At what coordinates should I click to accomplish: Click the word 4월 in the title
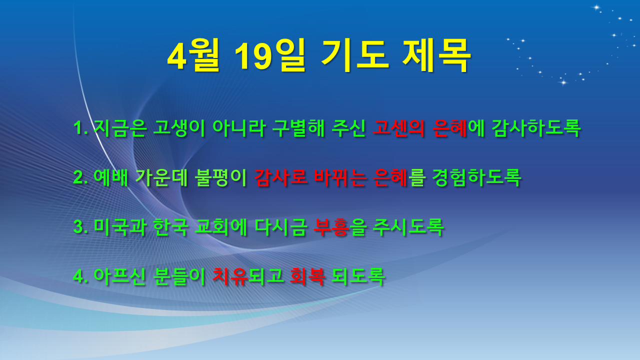coord(193,55)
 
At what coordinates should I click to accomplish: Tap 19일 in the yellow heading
coord(270,55)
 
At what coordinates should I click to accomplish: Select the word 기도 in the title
coord(355,55)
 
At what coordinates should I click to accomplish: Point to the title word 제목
coord(436,55)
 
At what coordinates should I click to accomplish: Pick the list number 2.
coord(80,177)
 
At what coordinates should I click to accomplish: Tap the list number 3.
coord(80,227)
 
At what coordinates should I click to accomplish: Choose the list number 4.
coord(80,276)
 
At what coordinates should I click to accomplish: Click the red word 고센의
coord(398,127)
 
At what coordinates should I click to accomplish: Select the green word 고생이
coord(179,127)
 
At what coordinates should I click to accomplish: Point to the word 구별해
coord(298,127)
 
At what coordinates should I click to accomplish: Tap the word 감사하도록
coord(536,127)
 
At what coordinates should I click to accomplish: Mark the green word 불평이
coord(220,177)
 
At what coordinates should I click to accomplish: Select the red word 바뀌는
coord(340,177)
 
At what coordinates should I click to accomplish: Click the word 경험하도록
coord(476,177)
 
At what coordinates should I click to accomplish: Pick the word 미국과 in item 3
coord(120,227)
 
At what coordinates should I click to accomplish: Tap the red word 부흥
coord(331,227)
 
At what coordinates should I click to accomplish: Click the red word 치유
coord(230,276)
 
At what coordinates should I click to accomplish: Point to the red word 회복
coord(307,276)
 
